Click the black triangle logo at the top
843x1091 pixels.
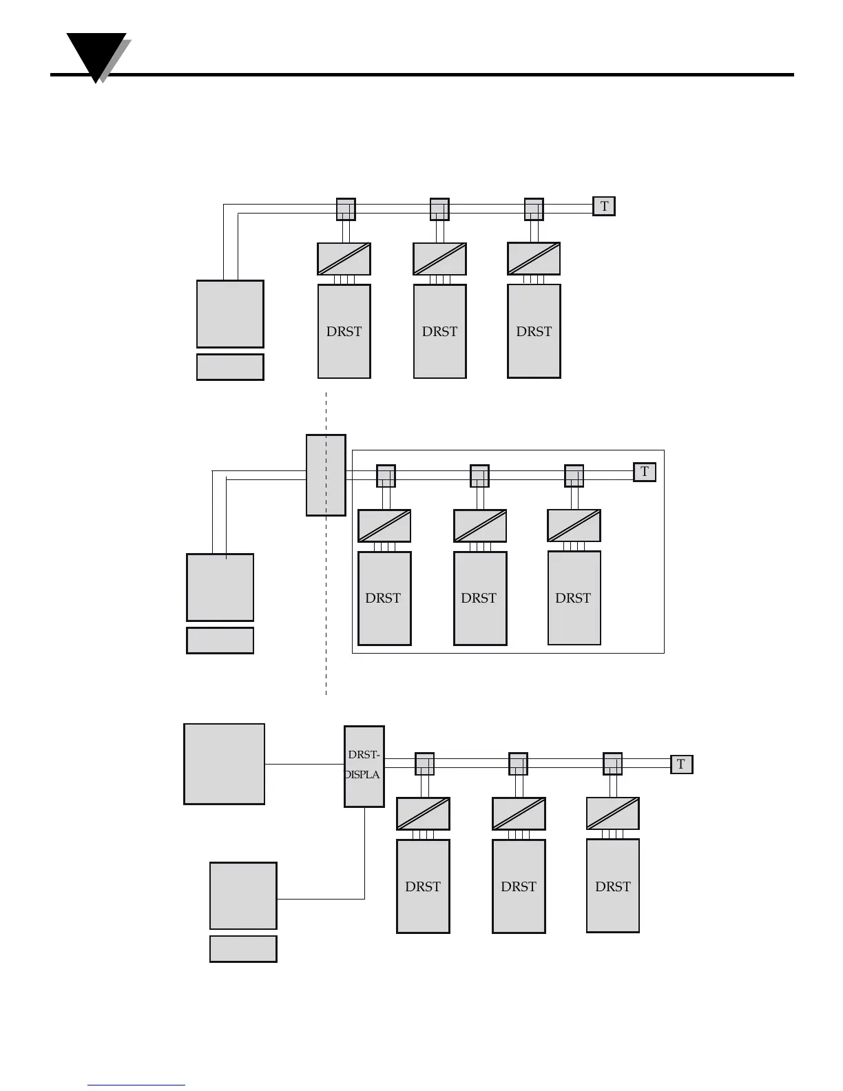tap(96, 55)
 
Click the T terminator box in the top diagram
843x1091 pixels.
tap(604, 206)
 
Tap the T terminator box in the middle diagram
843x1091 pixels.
tap(645, 472)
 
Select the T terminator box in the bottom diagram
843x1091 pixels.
tap(681, 764)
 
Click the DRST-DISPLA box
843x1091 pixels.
tap(364, 767)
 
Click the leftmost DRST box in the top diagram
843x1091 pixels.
tap(344, 331)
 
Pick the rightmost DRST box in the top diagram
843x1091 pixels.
tap(534, 331)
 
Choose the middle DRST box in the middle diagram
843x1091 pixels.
tap(480, 598)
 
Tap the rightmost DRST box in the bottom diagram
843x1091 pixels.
tap(612, 886)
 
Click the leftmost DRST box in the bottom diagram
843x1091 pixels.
tap(423, 886)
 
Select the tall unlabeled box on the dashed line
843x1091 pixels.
tap(326, 475)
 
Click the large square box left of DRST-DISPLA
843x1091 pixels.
tap(224, 764)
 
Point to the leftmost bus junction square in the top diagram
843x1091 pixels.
tap(346, 209)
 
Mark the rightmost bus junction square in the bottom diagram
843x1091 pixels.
tap(612, 764)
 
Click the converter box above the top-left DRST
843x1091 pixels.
tap(344, 259)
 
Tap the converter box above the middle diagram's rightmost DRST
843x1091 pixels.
tap(574, 526)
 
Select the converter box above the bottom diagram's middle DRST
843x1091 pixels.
tap(519, 814)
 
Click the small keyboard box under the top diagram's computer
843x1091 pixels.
tap(230, 367)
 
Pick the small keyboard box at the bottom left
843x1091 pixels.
tap(243, 948)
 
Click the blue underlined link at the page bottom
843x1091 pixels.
tap(136, 1085)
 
